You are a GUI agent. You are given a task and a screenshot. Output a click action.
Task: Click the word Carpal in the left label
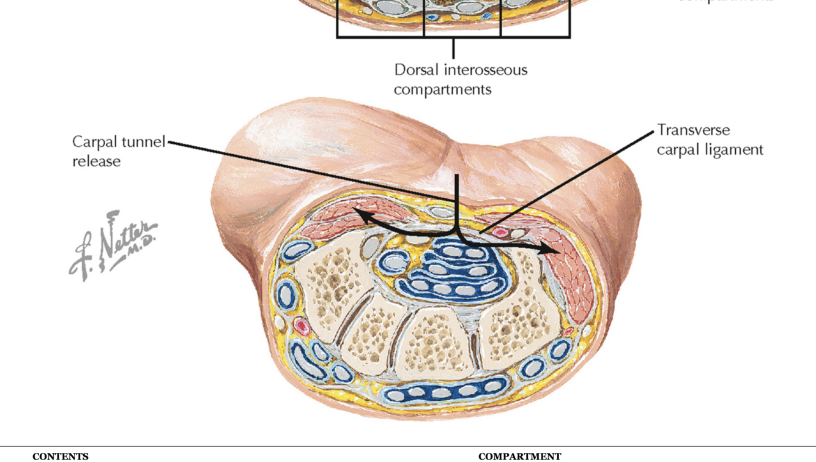95,142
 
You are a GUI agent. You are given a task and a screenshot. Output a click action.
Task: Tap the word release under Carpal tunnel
97,162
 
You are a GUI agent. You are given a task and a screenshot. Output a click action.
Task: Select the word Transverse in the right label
693,130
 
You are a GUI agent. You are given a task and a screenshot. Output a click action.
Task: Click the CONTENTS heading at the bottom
61,456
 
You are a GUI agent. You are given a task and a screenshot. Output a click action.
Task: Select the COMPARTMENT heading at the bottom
519,456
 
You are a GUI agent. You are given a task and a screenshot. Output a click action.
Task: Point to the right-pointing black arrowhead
554,250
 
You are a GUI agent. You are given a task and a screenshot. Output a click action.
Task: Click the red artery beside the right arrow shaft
502,233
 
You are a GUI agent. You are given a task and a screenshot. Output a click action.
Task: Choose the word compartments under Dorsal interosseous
442,89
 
